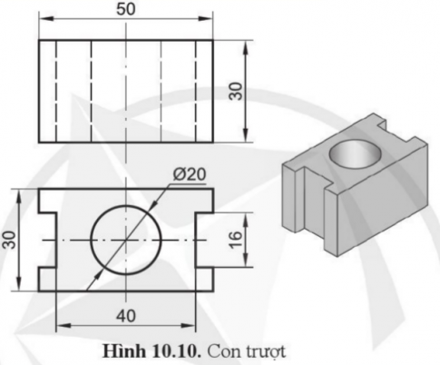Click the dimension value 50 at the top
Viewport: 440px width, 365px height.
[126, 9]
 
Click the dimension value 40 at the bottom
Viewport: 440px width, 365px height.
[126, 315]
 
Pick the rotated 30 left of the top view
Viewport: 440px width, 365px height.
[10, 240]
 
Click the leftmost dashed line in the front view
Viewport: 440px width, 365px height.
[56, 91]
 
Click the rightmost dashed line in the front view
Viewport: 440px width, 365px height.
[194, 91]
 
